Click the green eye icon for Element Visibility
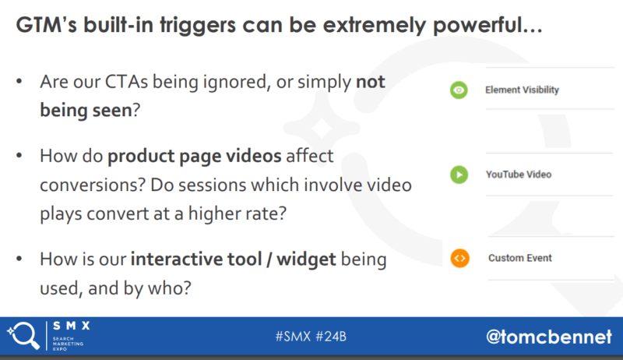tap(459, 90)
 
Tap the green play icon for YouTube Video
tap(459, 175)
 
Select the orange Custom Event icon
tap(459, 258)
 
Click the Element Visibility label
tap(522, 90)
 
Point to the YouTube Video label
tap(519, 175)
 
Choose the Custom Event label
tap(519, 258)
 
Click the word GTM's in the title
tap(47, 25)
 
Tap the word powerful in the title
tap(487, 26)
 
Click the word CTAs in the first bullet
tap(126, 82)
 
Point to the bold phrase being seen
tap(86, 111)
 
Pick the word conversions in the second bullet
tap(93, 185)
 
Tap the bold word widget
tap(306, 259)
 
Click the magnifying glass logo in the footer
tap(23, 336)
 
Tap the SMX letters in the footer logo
tap(72, 326)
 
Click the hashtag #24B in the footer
tap(331, 337)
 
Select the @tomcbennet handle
tap(549, 337)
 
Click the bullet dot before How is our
tap(19, 259)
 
